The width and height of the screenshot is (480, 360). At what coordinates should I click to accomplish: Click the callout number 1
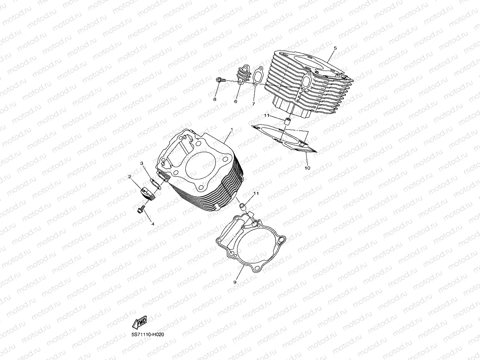[x=232, y=129]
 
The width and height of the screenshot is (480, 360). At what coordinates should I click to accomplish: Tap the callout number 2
[x=129, y=177]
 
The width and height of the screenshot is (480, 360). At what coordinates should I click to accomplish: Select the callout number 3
[x=142, y=163]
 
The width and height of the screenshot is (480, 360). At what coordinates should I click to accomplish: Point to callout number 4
[x=153, y=224]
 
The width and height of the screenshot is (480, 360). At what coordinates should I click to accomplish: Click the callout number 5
[x=335, y=48]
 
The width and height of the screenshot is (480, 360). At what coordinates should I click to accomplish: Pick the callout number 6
[x=235, y=101]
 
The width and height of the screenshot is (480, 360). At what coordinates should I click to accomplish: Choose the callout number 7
[x=254, y=104]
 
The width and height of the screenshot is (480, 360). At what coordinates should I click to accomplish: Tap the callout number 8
[x=215, y=99]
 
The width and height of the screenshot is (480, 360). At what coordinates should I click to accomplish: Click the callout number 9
[x=235, y=282]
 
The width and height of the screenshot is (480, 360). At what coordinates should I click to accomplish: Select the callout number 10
[x=307, y=168]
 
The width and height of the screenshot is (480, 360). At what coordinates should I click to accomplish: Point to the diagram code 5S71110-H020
[x=148, y=335]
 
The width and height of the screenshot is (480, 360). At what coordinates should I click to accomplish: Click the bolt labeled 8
[x=220, y=80]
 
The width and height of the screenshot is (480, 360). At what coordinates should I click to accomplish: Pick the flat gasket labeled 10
[x=284, y=138]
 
